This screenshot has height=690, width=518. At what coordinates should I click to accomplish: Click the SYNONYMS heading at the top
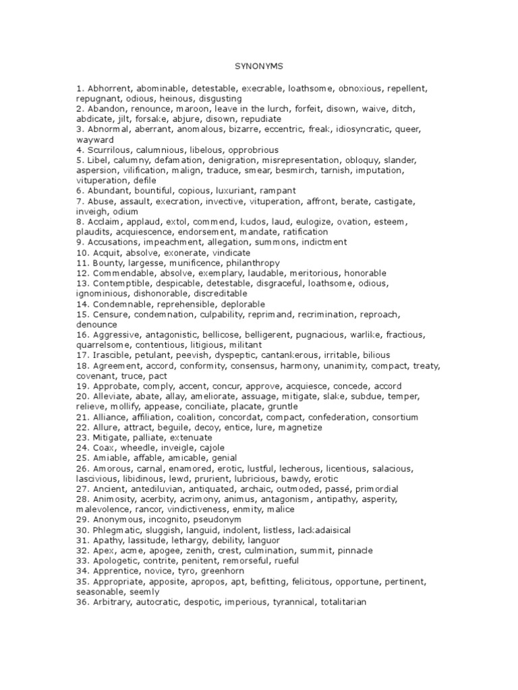coord(259,67)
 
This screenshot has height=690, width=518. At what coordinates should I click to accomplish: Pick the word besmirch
coord(292,170)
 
